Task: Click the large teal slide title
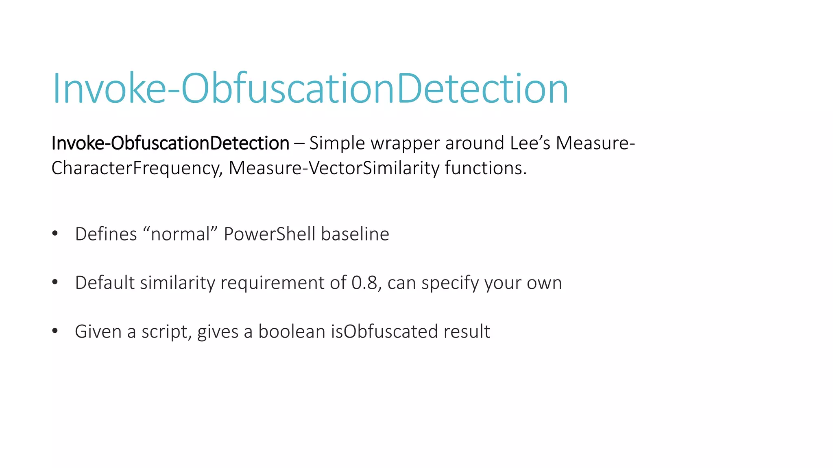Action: [x=310, y=88]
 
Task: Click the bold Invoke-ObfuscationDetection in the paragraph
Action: [x=170, y=143]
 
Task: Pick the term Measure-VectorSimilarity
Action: [x=334, y=168]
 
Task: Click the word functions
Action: [x=486, y=168]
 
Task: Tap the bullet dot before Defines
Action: [x=55, y=234]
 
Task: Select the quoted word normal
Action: [x=180, y=234]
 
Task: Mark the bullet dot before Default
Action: [x=55, y=282]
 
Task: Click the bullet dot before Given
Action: [x=55, y=331]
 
